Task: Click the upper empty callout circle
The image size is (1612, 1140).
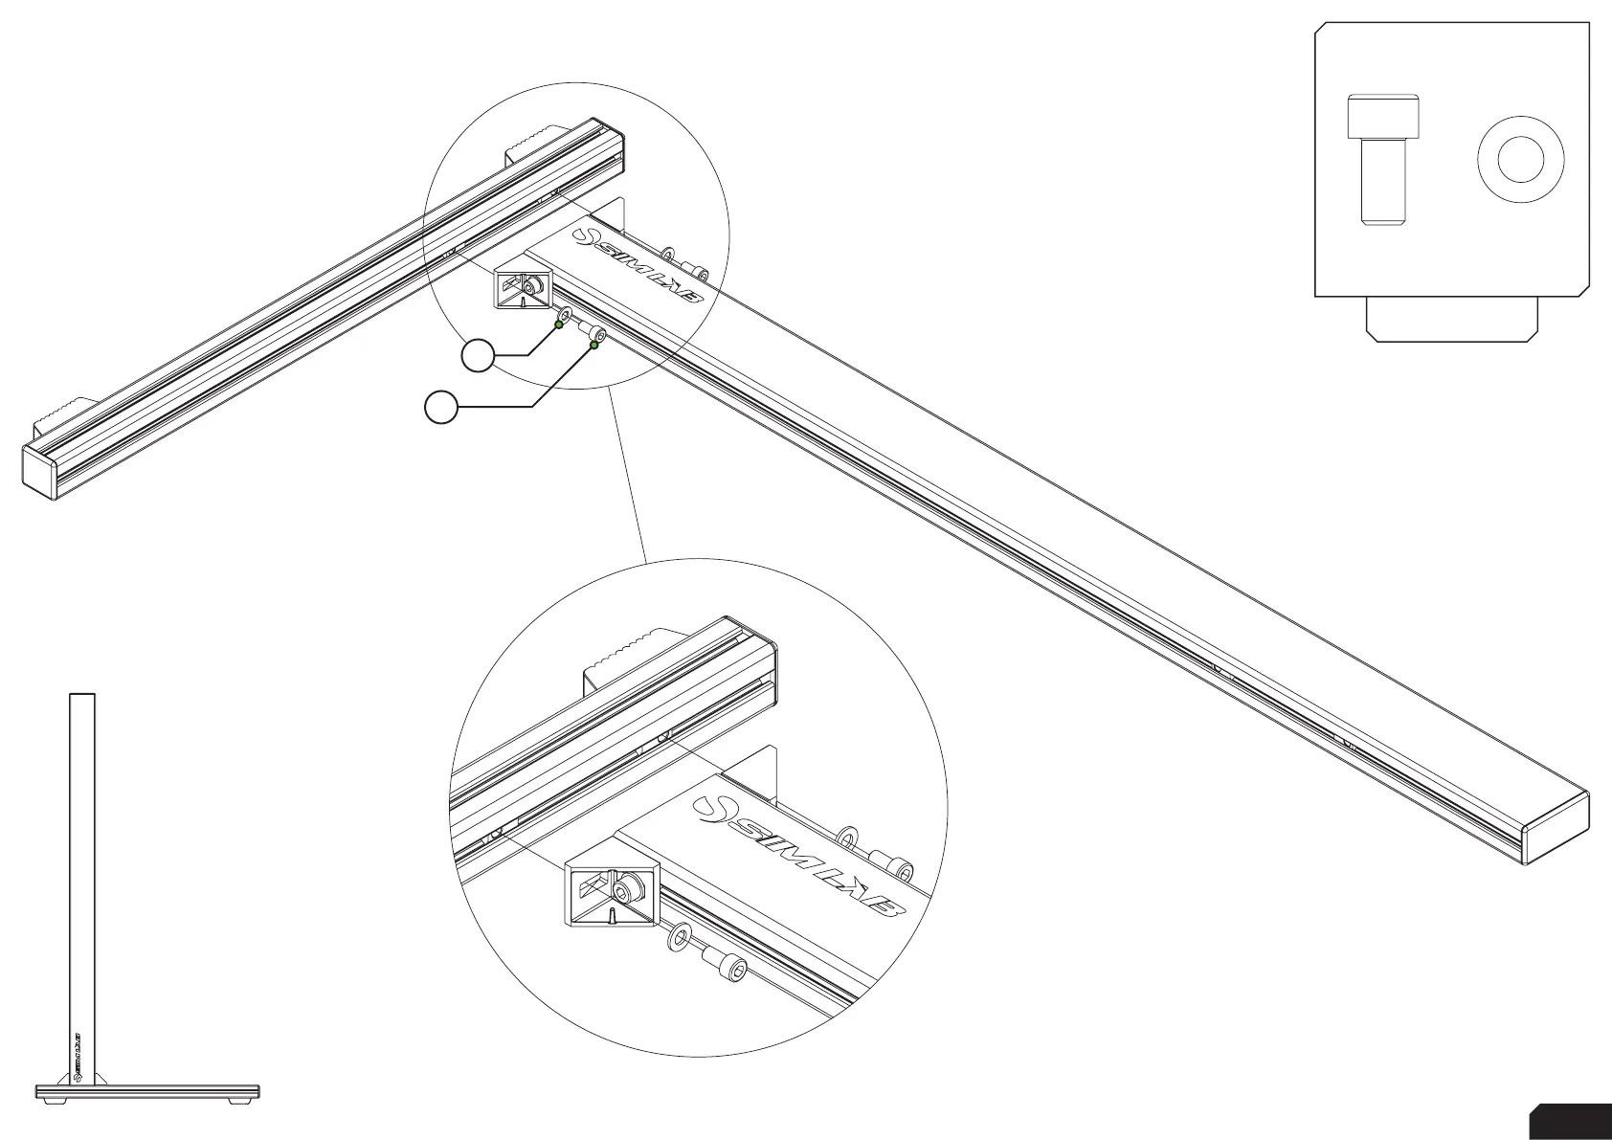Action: [478, 356]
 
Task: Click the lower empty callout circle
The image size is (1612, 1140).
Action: [440, 408]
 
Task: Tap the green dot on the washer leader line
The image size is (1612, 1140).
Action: [559, 324]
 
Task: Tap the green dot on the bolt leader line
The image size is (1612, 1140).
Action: [593, 346]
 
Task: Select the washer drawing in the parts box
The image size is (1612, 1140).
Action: [1520, 160]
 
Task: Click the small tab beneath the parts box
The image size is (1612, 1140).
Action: [1451, 318]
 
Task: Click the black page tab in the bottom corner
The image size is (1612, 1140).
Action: [1570, 1122]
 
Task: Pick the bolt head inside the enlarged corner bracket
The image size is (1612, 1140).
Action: [627, 893]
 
